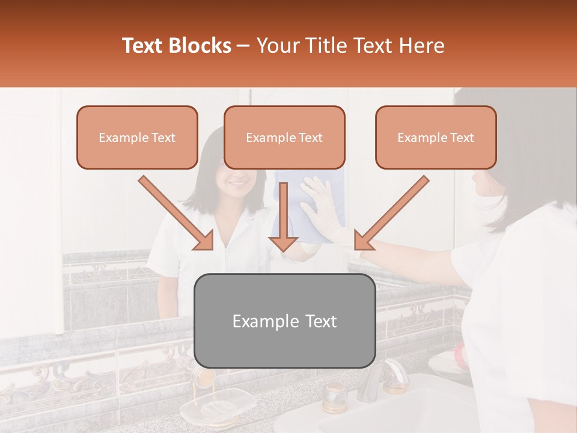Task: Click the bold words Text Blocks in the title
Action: [x=176, y=46]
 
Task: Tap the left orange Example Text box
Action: [x=137, y=138]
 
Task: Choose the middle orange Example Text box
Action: [x=284, y=138]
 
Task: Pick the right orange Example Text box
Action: [x=436, y=138]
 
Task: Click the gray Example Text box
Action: [x=284, y=321]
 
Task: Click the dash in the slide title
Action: [x=243, y=46]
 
